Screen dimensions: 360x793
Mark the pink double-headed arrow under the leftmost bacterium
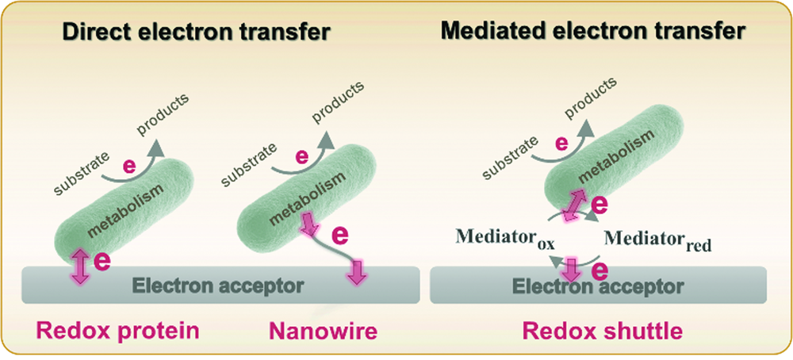click(x=80, y=266)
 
